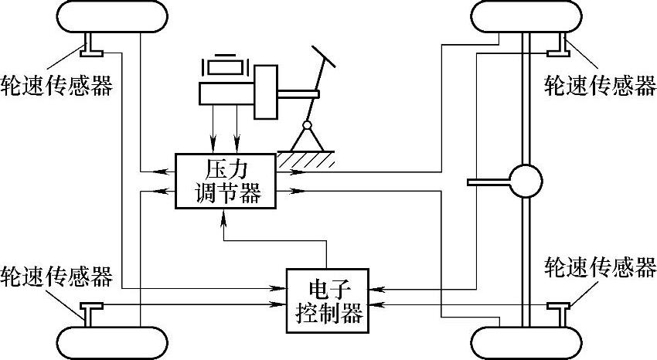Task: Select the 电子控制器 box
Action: coord(328,301)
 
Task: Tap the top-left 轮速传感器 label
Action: coord(57,84)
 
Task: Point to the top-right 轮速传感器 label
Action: coord(600,84)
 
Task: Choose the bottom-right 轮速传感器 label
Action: coord(600,268)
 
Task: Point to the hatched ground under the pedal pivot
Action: coord(308,159)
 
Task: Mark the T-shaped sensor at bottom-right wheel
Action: coord(557,312)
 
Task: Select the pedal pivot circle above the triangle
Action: coord(307,125)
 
